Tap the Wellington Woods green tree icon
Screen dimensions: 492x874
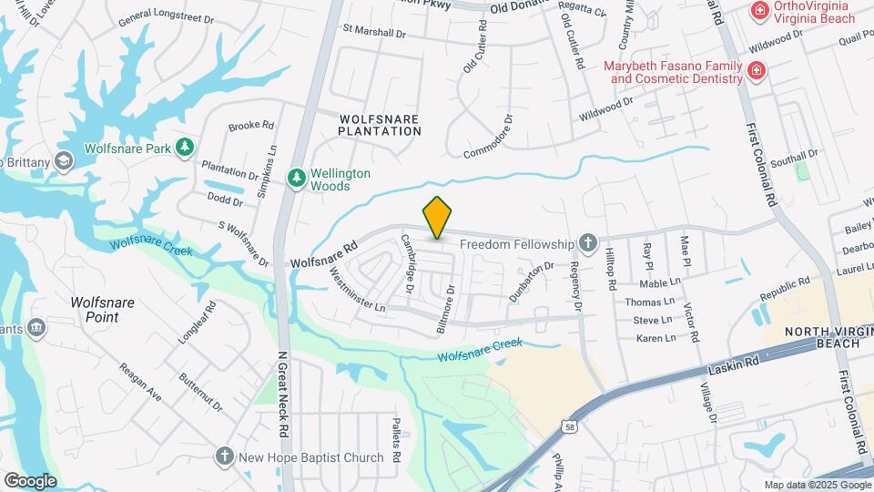pyautogui.click(x=296, y=179)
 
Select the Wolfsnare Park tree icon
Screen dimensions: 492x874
pyautogui.click(x=185, y=148)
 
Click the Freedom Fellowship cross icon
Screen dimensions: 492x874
pyautogui.click(x=588, y=243)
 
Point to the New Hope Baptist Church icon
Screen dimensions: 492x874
pyautogui.click(x=225, y=456)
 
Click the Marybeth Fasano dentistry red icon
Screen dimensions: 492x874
pyautogui.click(x=755, y=71)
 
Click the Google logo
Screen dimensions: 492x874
pyautogui.click(x=30, y=481)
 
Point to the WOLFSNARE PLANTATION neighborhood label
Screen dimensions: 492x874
pyautogui.click(x=380, y=125)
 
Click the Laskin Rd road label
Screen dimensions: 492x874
pyautogui.click(x=733, y=367)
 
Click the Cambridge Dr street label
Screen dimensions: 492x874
pyautogui.click(x=409, y=263)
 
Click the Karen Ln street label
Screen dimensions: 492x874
pyautogui.click(x=655, y=338)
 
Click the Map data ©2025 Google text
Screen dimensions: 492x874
pyautogui.click(x=818, y=485)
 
